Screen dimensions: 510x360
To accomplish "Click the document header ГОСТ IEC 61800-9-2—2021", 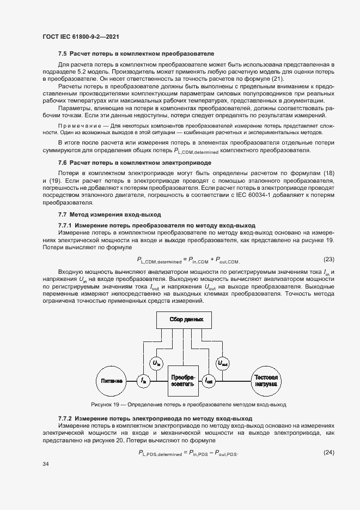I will tap(81, 37).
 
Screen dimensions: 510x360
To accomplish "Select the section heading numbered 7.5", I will tap(136, 54).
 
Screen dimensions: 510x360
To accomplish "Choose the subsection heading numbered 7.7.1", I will tap(157, 225).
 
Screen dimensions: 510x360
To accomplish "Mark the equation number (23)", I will tap(328, 259).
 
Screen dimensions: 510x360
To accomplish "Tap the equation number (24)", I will tap(328, 452).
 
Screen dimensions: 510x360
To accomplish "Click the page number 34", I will tap(46, 464).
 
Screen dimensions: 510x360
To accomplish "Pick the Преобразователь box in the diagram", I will tap(182, 380).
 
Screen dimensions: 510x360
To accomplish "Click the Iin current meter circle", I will tap(143, 381).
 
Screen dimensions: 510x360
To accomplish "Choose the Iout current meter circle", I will tap(209, 381).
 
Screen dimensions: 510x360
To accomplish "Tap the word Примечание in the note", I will tap(78, 125).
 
